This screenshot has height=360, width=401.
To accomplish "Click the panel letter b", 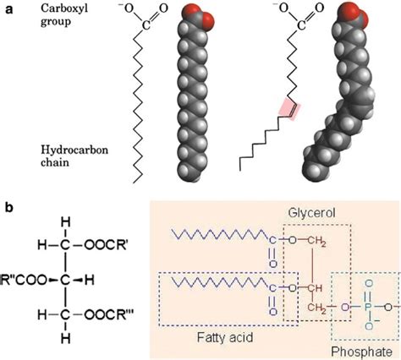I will click(8, 205).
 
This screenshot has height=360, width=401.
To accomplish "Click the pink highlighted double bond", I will click(288, 107).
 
